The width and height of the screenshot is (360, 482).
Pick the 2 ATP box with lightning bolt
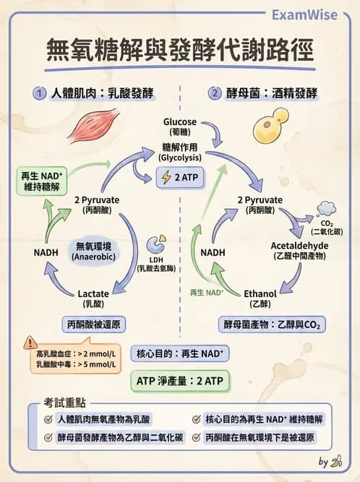click(x=180, y=177)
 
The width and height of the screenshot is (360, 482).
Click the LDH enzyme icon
click(x=155, y=244)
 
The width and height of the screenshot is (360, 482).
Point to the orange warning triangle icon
click(x=30, y=343)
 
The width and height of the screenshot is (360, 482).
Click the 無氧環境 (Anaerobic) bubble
click(x=95, y=251)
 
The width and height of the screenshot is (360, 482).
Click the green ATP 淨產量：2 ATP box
click(x=180, y=380)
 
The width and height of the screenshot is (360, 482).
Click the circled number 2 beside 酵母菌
click(x=215, y=93)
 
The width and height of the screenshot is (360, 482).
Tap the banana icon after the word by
click(x=336, y=461)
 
